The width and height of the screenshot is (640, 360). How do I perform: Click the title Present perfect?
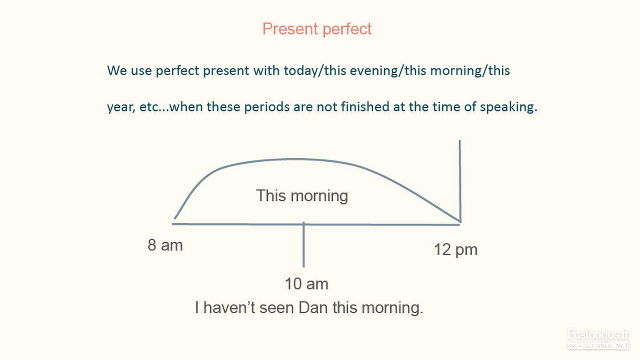tap(317, 29)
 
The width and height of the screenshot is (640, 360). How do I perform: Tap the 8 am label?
tap(165, 245)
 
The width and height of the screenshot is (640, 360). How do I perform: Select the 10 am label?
tap(307, 284)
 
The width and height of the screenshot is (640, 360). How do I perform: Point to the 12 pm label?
tap(456, 250)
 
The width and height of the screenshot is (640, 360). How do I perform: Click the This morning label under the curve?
tap(302, 196)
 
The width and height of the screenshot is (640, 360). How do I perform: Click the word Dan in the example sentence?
tap(313, 308)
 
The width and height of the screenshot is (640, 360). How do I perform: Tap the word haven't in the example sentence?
tap(229, 308)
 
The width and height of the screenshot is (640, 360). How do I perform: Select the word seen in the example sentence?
tap(276, 308)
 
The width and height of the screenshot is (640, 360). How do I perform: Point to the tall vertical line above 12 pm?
tap(460, 180)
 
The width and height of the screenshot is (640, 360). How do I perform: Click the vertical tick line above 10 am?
tap(304, 244)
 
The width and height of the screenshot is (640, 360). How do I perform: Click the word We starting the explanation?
tap(117, 71)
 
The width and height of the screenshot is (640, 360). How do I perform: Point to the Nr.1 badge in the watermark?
tap(622, 346)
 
